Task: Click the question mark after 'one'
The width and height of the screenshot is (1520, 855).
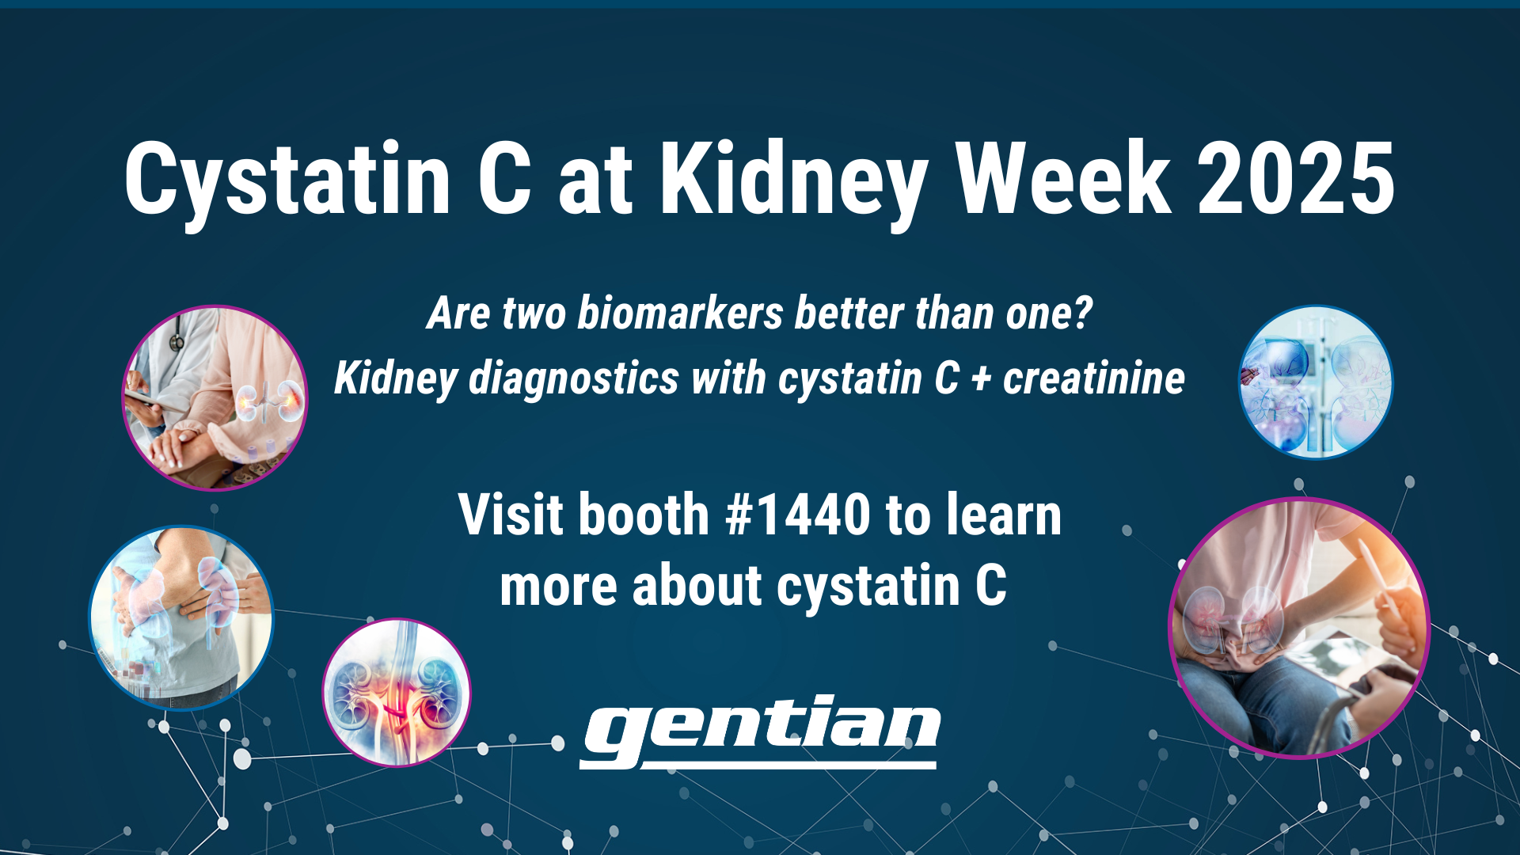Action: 1083,313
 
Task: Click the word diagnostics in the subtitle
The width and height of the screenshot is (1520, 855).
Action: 573,379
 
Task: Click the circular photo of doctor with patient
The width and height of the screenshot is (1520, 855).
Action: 215,398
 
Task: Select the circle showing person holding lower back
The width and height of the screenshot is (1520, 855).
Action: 181,618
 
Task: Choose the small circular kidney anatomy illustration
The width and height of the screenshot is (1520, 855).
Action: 397,693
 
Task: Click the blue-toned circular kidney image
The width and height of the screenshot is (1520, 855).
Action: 1316,382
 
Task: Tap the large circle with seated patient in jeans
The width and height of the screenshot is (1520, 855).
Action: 1299,628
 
